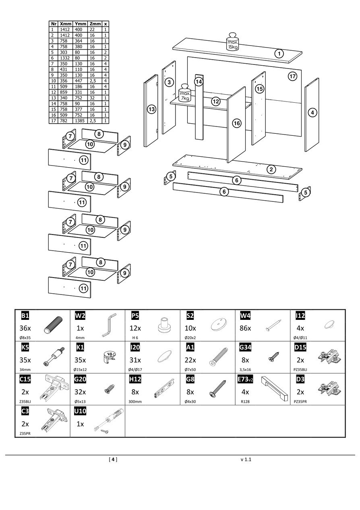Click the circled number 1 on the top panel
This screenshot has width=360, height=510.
coord(279,53)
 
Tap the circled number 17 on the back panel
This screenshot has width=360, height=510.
coord(293,76)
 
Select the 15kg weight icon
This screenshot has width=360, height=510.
coord(232,41)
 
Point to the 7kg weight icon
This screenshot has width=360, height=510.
coord(185,93)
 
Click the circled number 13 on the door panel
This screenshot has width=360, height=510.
coord(151,109)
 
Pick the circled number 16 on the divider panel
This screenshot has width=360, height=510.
coord(237,123)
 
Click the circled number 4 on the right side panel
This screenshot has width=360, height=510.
coord(312,113)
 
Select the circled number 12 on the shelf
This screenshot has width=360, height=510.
coord(216,102)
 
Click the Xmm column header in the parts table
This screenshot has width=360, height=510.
coord(65,24)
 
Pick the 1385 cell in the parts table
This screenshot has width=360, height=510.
coord(79,120)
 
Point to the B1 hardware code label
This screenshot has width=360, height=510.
coord(25,315)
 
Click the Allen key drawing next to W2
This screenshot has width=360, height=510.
coord(108,325)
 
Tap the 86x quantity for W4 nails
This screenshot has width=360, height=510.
coord(245,328)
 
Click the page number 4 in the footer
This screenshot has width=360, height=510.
coord(113,459)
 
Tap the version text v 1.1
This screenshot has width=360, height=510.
coord(246,459)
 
